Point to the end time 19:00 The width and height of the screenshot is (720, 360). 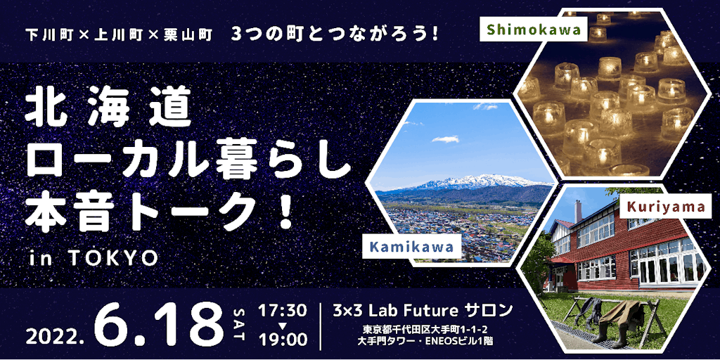click(283, 340)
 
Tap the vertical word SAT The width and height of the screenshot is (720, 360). click(240, 325)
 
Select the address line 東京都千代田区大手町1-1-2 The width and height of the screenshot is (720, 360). click(423, 330)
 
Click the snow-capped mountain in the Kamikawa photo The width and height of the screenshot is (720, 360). click(477, 182)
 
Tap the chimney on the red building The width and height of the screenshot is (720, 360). click(578, 211)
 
